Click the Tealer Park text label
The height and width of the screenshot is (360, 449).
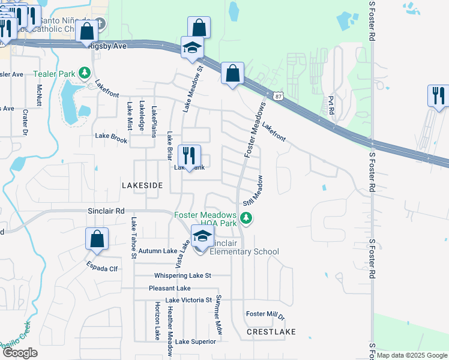click(58, 74)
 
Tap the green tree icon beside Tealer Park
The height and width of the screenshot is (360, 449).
click(85, 73)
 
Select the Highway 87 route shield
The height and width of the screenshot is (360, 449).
click(277, 96)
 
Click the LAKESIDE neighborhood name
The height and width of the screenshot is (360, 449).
click(142, 186)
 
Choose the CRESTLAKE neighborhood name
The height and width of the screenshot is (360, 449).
click(271, 331)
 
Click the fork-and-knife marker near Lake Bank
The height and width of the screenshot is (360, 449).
click(189, 155)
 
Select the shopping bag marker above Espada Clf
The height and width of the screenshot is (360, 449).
click(97, 239)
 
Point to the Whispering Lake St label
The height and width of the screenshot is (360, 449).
click(182, 275)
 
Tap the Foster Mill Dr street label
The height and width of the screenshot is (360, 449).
click(265, 314)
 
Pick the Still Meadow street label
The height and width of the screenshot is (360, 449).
click(253, 190)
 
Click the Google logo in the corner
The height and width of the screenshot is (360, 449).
click(19, 353)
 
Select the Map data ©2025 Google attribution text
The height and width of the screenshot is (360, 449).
click(412, 355)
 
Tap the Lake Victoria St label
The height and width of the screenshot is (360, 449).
click(188, 299)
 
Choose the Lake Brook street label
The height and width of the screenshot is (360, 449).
click(111, 136)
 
